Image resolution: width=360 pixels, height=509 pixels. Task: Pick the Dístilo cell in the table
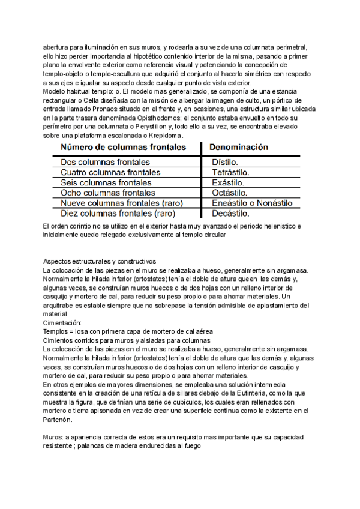tap(225, 162)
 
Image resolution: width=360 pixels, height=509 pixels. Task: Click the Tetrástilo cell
tap(231, 172)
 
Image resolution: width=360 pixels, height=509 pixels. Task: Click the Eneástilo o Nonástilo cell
tap(252, 203)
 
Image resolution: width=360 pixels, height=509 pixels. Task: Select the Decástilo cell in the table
tap(231, 213)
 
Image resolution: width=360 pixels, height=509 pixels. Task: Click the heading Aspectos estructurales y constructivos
tap(100, 261)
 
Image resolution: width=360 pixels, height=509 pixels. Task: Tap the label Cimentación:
tap(62, 322)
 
